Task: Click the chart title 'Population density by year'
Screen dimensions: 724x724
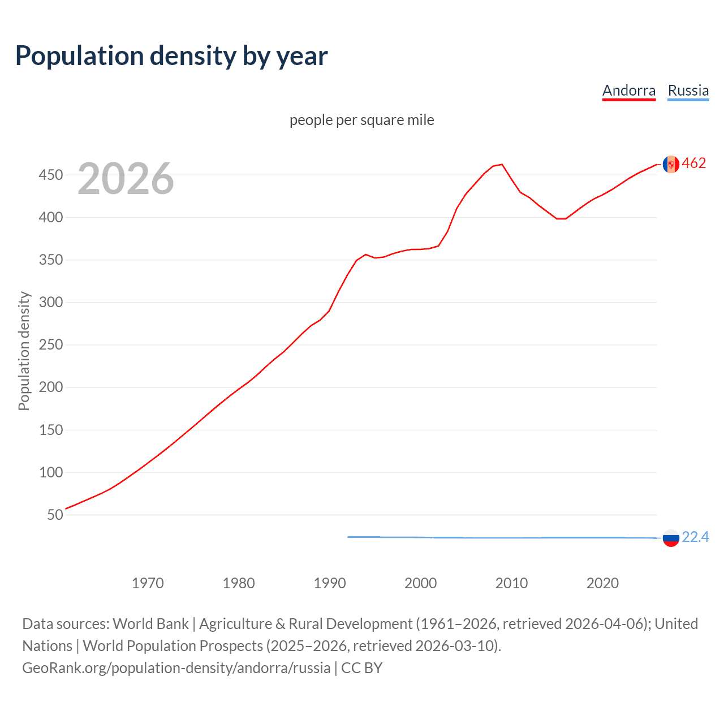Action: click(171, 56)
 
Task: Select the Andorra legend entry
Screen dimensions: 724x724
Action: click(628, 90)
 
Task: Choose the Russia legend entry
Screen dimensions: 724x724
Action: click(688, 90)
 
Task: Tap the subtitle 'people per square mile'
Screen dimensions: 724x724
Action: click(361, 120)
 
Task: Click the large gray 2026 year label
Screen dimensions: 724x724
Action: click(126, 179)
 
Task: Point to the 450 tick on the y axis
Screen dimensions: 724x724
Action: click(50, 175)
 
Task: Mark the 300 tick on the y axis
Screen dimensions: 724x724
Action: click(50, 302)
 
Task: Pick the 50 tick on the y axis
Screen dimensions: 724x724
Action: click(55, 515)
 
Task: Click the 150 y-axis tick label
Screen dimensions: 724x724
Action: click(50, 430)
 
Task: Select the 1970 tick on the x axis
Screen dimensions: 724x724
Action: click(148, 583)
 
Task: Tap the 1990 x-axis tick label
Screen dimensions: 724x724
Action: click(330, 583)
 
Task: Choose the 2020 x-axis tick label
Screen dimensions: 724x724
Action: click(602, 583)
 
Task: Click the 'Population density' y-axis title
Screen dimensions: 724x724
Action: click(24, 351)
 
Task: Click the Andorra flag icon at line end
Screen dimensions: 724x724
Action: click(671, 164)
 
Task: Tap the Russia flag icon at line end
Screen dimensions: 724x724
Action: click(671, 538)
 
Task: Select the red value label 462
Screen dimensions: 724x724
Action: click(694, 163)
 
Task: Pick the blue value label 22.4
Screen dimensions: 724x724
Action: click(695, 537)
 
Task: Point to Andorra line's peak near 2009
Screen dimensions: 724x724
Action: click(502, 165)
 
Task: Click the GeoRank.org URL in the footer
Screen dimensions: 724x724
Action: click(176, 668)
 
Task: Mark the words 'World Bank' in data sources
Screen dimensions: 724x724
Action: click(150, 624)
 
